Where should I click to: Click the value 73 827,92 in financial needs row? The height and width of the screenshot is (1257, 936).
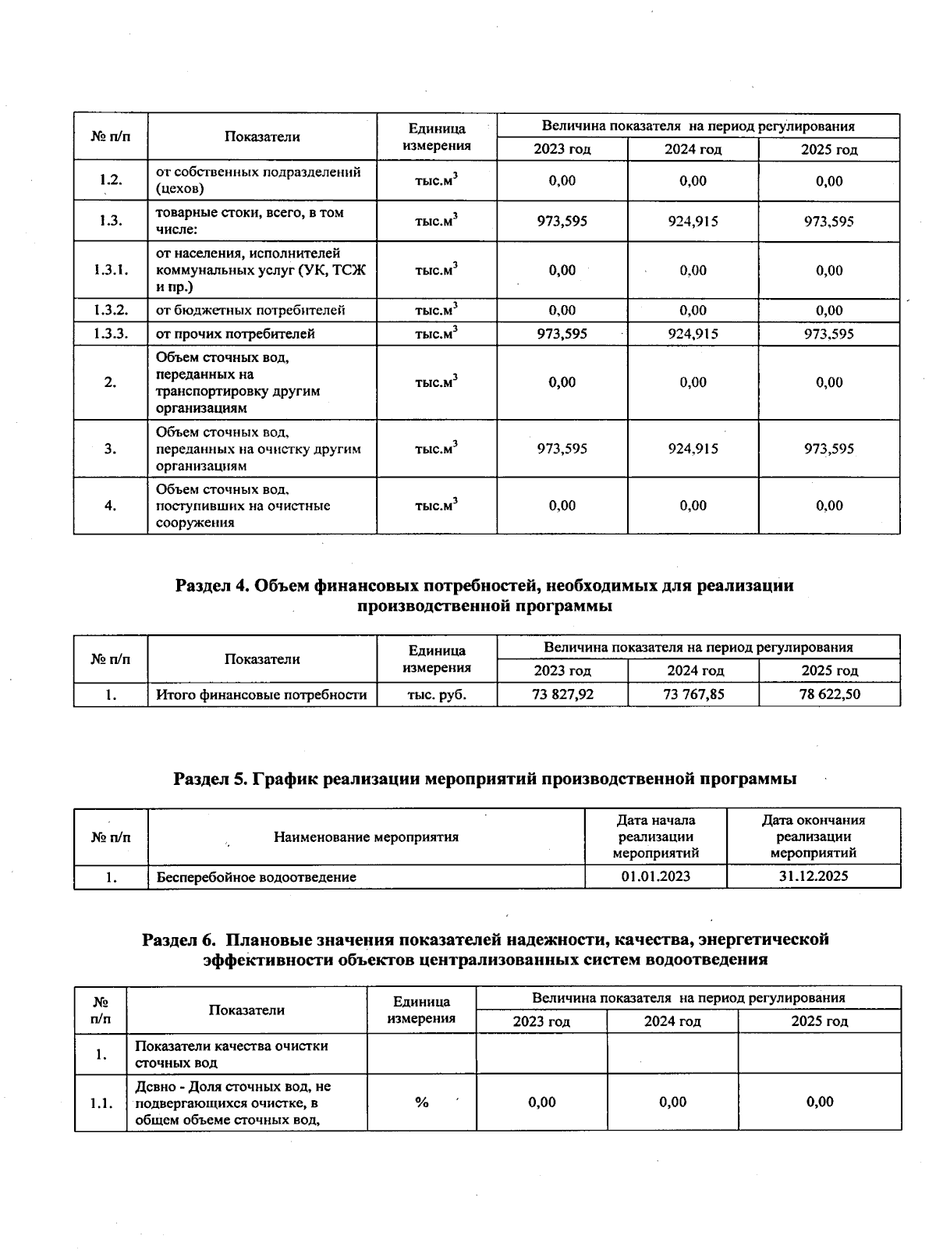tap(562, 694)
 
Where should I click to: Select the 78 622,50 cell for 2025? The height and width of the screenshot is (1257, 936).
tap(829, 694)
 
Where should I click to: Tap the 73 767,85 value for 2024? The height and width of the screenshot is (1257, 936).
tap(693, 694)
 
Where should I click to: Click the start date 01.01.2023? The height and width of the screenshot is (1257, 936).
tap(655, 876)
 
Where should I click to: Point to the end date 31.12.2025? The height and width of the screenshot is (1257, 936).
tap(813, 876)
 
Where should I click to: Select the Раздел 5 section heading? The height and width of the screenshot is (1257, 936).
tap(484, 779)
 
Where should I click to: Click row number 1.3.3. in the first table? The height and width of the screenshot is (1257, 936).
tap(111, 334)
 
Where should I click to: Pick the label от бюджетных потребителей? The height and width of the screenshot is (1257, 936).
tap(250, 311)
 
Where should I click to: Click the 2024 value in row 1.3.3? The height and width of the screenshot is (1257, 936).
tap(693, 334)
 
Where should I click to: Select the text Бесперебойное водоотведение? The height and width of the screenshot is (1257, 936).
tap(256, 877)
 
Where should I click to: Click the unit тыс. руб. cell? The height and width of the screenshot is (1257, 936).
tap(437, 694)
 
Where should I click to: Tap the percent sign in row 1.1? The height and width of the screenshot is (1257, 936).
tap(422, 1103)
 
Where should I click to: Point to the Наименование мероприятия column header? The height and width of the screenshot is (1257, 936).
tap(366, 837)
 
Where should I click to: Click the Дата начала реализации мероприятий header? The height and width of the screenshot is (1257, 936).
tap(655, 836)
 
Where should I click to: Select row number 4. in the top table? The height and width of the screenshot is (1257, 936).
tap(111, 506)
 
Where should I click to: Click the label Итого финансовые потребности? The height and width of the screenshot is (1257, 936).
tap(261, 694)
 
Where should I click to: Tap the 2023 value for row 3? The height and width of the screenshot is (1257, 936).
tap(562, 449)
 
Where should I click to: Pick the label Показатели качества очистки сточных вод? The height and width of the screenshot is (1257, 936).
tap(231, 1054)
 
